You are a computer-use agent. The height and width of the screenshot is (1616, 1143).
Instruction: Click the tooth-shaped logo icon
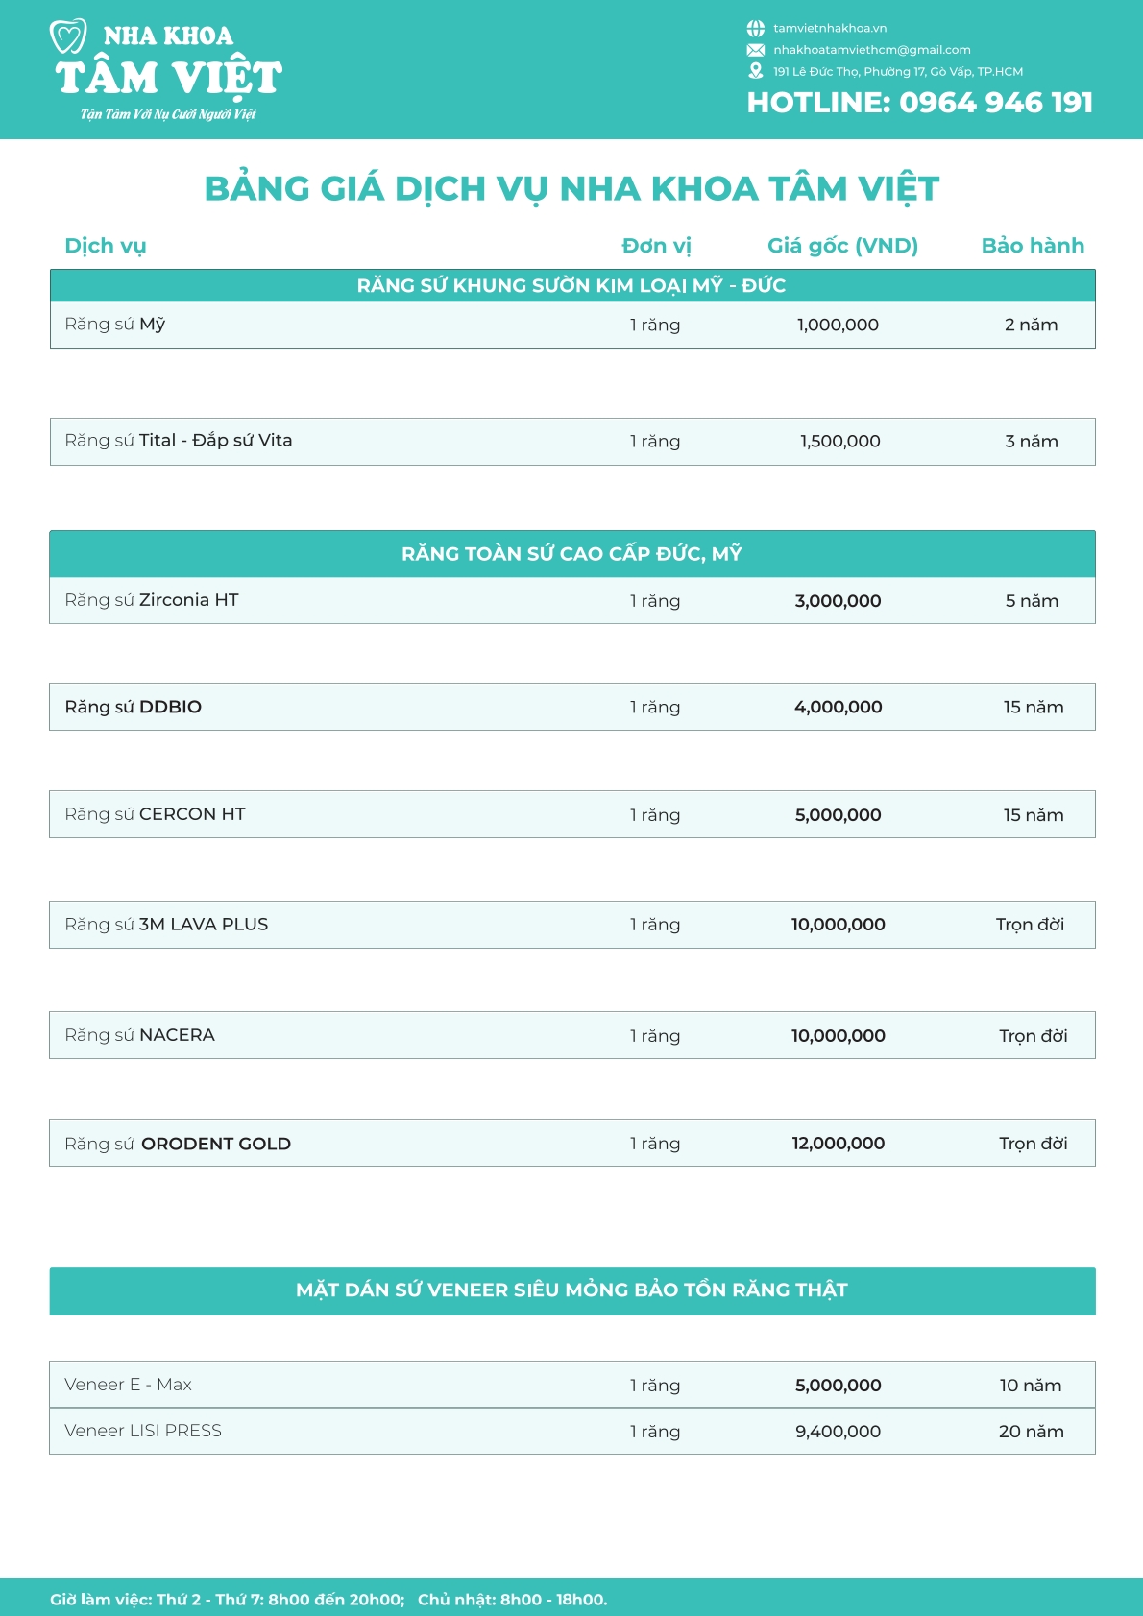click(x=68, y=36)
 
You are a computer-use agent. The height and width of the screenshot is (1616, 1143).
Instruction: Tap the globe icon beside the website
click(x=756, y=29)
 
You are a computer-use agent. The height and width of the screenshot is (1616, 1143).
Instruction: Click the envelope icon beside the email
click(x=756, y=50)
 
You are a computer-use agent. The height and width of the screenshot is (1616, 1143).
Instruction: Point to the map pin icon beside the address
click(x=756, y=71)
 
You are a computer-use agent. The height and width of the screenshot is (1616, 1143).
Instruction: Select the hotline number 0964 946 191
click(x=996, y=103)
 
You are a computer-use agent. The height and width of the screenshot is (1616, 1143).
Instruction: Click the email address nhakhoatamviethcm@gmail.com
click(x=871, y=50)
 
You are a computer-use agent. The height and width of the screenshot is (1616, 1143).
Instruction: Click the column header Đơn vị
click(x=656, y=246)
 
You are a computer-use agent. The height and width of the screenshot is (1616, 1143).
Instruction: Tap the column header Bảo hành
click(x=1033, y=246)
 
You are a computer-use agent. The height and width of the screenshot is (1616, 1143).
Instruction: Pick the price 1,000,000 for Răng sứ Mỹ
click(x=838, y=326)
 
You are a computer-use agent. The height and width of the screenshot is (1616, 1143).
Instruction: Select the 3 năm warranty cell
click(x=1032, y=442)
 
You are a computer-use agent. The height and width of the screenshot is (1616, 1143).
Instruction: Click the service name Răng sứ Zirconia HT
click(x=152, y=600)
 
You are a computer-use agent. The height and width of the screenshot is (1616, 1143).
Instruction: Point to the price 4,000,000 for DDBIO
click(x=838, y=708)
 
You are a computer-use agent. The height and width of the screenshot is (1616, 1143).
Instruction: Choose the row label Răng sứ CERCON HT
click(x=155, y=814)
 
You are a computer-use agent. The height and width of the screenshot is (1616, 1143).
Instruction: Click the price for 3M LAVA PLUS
click(x=838, y=925)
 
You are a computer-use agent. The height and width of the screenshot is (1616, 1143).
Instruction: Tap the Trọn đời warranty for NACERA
click(x=1033, y=1036)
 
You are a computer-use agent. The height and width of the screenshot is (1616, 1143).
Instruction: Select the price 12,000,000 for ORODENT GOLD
click(x=838, y=1144)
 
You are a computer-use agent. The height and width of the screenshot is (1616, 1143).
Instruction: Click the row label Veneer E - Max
click(x=128, y=1385)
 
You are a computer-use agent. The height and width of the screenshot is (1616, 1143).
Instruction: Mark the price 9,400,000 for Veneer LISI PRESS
click(x=838, y=1432)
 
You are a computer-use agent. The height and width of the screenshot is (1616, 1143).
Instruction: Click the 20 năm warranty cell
click(x=1031, y=1432)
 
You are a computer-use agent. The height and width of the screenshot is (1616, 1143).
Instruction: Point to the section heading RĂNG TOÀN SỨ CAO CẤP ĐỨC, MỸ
click(x=571, y=554)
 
